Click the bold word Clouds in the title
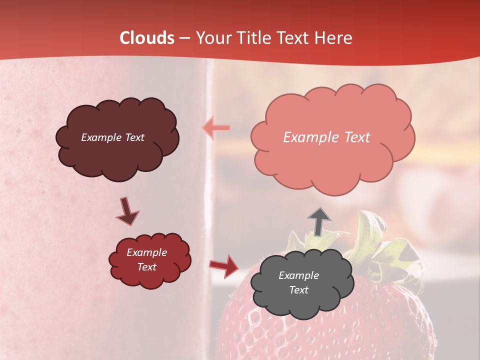point(147,38)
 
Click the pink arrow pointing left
point(216,127)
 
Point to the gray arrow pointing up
point(318,221)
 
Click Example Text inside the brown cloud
point(112,137)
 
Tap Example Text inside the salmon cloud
point(326,137)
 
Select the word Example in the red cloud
point(146,252)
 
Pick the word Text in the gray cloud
point(298,290)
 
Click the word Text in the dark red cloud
point(146,267)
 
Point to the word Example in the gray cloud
point(298,275)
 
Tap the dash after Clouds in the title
point(184,38)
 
